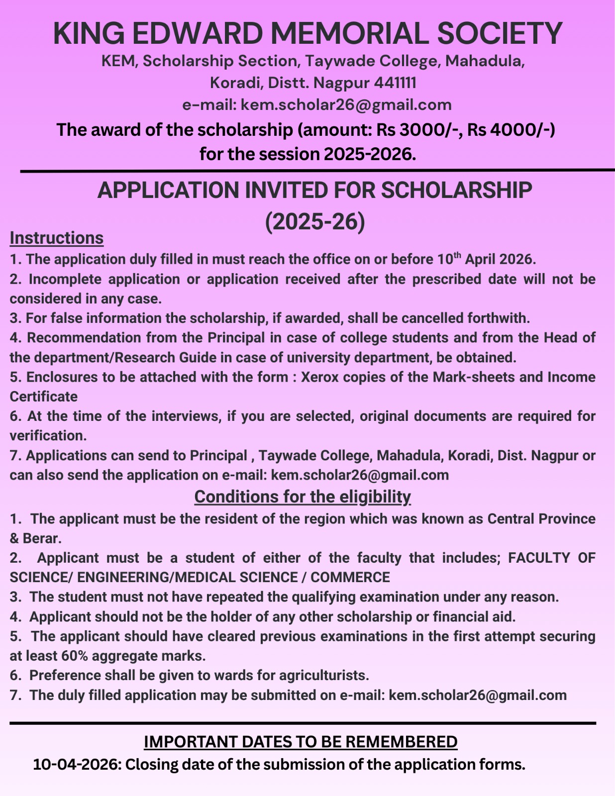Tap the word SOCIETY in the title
click(x=499, y=33)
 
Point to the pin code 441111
click(x=395, y=83)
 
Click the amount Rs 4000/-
click(x=511, y=130)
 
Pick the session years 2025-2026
click(x=369, y=154)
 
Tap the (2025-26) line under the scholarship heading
click(x=315, y=222)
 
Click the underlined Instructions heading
click(x=57, y=238)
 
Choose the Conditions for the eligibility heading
click(x=303, y=497)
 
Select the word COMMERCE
click(x=350, y=578)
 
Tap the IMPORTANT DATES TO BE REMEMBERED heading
click(x=301, y=742)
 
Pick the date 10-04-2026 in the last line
click(x=77, y=764)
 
